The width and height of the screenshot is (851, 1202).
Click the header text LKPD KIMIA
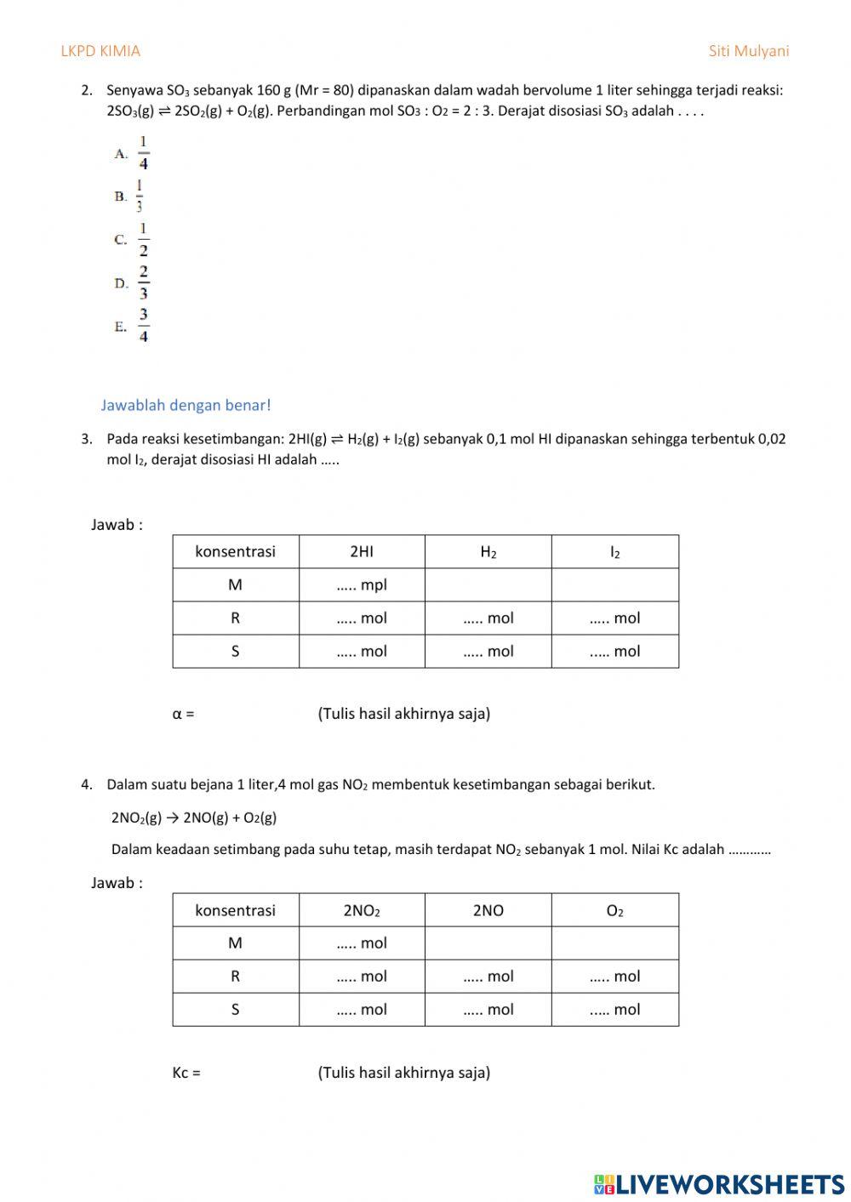tap(100, 51)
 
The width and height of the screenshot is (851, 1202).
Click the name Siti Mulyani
tap(749, 51)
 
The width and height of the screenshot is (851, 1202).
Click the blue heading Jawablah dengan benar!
tap(186, 406)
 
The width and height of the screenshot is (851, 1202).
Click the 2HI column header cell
tap(362, 551)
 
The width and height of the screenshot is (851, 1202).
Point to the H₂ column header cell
tap(488, 551)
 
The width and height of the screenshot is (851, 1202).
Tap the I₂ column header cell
tap(615, 551)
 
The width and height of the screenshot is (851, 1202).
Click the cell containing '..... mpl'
tap(362, 584)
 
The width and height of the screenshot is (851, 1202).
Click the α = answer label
tap(183, 714)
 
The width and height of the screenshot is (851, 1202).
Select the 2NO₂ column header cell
tap(362, 910)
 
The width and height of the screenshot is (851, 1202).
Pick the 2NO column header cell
tap(488, 910)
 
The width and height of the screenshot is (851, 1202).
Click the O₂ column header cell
tap(615, 910)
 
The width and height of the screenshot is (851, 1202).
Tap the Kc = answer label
tap(186, 1073)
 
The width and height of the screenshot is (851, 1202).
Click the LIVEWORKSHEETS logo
tap(719, 1183)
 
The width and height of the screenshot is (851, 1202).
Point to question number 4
tap(87, 785)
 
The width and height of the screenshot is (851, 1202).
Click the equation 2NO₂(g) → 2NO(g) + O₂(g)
tap(194, 817)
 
